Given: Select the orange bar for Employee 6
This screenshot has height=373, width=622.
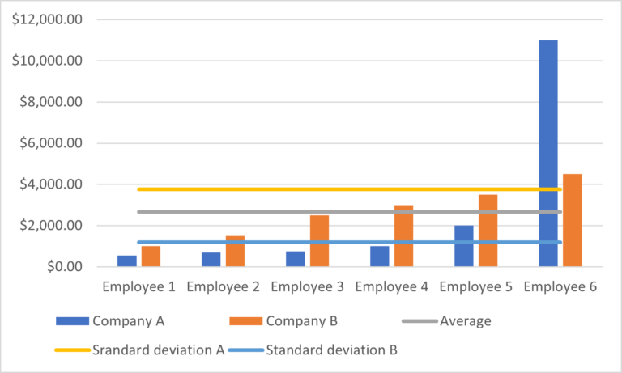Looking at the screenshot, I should [572, 220].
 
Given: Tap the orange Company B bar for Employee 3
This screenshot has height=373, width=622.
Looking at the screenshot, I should [319, 240].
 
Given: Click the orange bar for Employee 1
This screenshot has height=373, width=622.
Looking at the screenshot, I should [151, 256].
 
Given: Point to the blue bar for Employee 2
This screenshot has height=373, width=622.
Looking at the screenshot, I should [211, 259].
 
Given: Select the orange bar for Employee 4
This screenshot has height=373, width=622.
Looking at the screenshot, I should [403, 235].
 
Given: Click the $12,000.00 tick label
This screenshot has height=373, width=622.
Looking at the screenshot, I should [47, 19].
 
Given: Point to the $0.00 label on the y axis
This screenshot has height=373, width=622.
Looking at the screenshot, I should [60, 267].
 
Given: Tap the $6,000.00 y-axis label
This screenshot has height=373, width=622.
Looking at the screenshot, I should [50, 143].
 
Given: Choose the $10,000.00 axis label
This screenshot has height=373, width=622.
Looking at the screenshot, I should [47, 61].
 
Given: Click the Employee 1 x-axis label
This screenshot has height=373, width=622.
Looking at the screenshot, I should [138, 286].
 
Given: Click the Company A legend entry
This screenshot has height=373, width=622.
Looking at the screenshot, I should [129, 321].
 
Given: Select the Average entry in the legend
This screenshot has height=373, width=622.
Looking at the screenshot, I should [466, 321].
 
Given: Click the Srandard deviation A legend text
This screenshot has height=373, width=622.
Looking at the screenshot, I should [158, 350].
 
